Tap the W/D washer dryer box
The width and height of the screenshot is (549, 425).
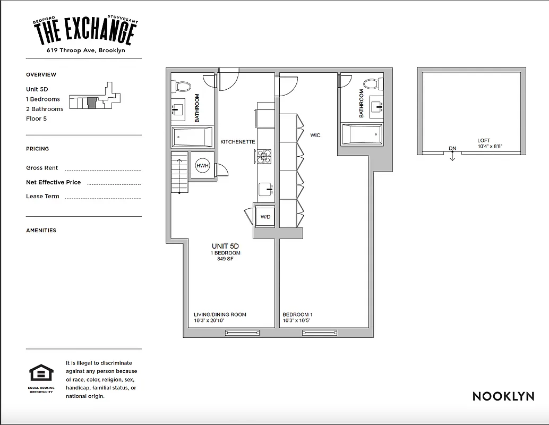(265, 217)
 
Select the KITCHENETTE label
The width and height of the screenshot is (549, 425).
(238, 142)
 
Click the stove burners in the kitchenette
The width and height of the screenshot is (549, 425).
(264, 156)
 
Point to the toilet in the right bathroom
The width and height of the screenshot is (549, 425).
(371, 84)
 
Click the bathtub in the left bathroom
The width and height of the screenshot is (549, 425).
(192, 137)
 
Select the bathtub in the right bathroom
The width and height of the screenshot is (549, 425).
(362, 134)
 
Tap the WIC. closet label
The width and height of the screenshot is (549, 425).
(316, 135)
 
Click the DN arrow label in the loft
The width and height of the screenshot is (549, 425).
(452, 149)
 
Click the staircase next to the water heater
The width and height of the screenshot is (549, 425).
(179, 173)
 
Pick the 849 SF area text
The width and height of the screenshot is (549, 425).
(226, 259)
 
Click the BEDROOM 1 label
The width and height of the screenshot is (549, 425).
(297, 314)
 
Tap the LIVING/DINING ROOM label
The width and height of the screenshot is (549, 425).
(220, 314)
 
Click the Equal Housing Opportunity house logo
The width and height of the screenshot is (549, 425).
(41, 373)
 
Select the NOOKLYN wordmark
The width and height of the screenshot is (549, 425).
(503, 396)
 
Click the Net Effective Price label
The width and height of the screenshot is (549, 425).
(54, 182)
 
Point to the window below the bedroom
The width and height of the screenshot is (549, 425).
(320, 333)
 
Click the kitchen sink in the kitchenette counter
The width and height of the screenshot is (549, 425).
(265, 189)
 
